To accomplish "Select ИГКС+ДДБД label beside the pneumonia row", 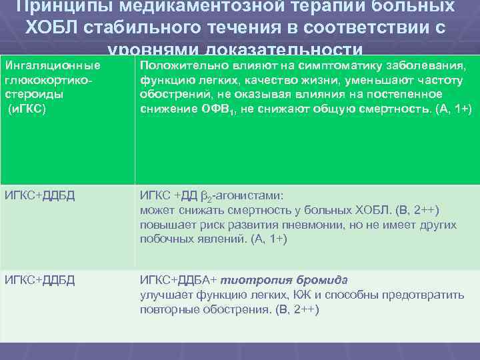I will (x=40, y=195).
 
